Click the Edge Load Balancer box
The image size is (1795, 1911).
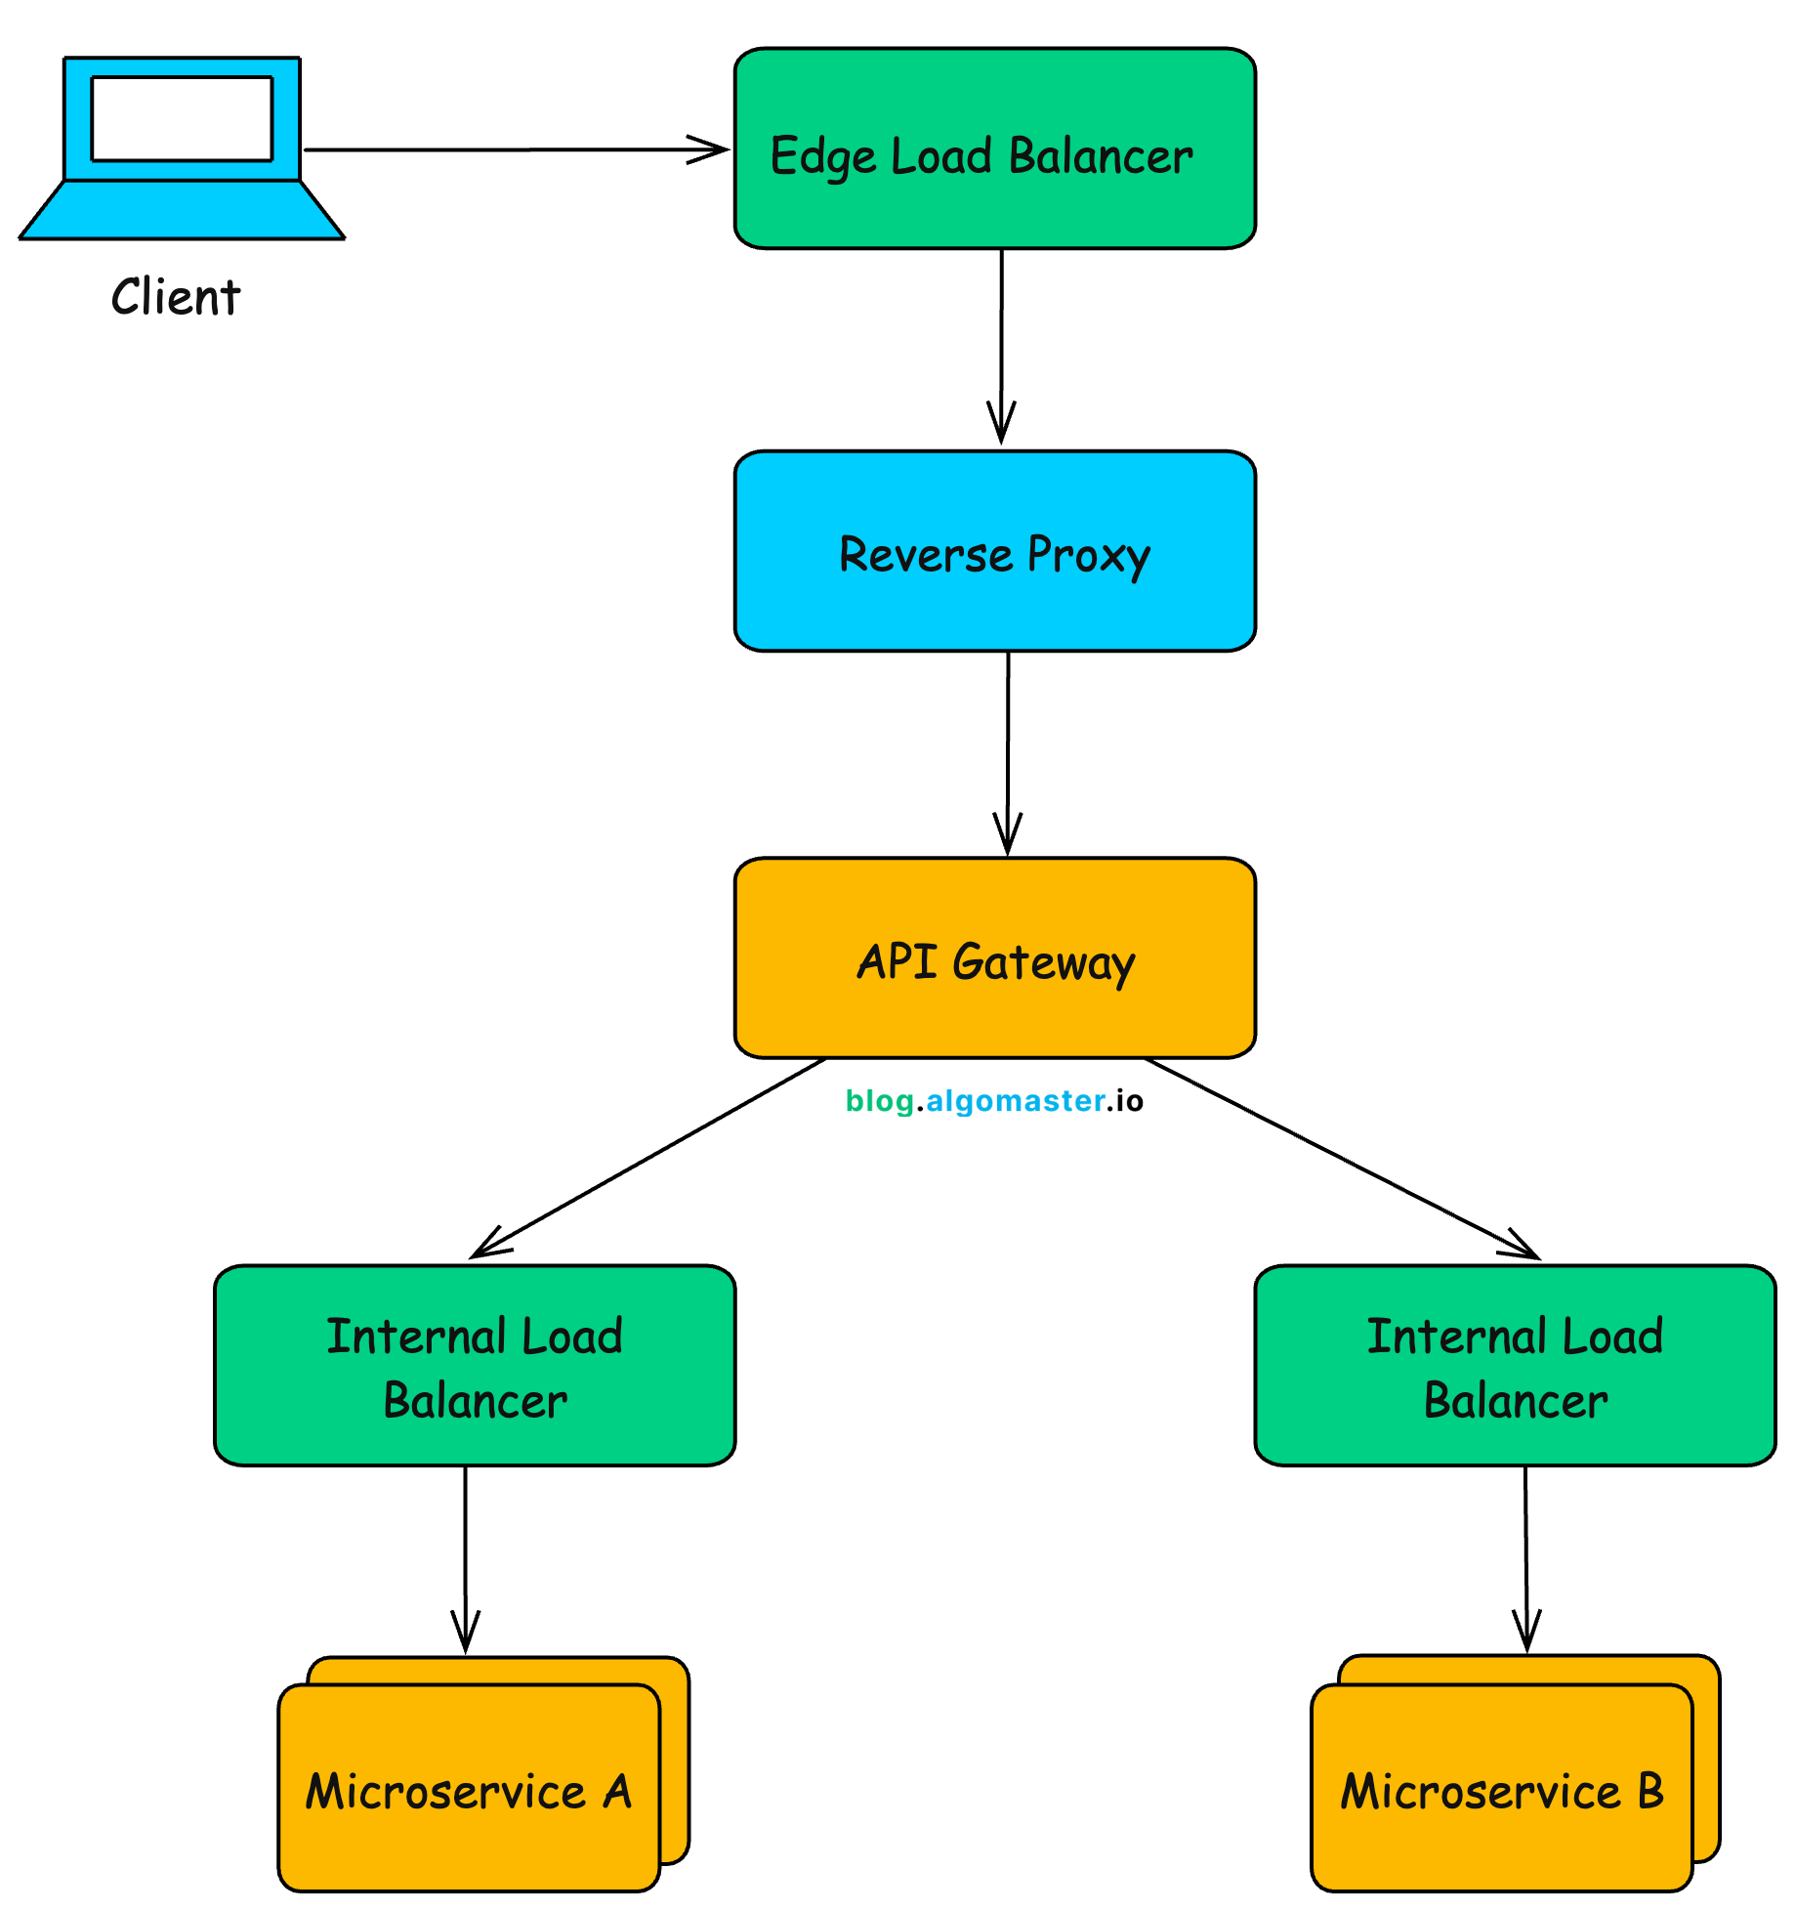coord(994,149)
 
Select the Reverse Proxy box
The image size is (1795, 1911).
coord(994,551)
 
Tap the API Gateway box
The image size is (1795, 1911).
coord(994,957)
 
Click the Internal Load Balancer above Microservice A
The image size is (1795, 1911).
coord(475,1365)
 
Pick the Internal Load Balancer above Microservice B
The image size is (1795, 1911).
coord(1515,1365)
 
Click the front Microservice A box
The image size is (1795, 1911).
coord(469,1788)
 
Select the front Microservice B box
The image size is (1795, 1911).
coord(1501,1788)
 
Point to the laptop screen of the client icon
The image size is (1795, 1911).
coord(182,118)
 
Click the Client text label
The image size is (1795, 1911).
coord(176,297)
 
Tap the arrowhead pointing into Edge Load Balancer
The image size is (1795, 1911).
coord(711,149)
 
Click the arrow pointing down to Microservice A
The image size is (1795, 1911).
coord(465,1553)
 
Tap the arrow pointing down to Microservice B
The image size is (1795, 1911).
coord(1526,1553)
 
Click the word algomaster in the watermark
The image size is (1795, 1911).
coord(1016,1101)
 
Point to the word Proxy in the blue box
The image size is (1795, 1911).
coord(1088,555)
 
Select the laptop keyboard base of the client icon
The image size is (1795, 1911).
coord(182,210)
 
